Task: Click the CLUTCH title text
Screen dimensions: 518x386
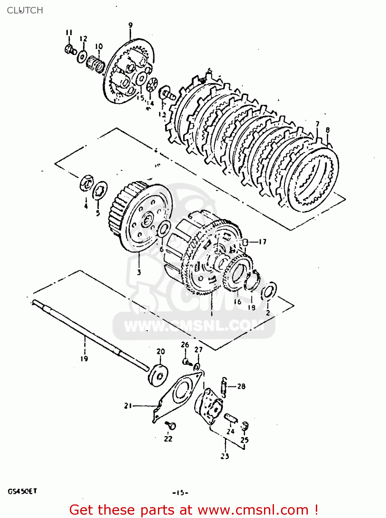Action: [x=25, y=10]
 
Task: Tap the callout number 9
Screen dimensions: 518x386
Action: [x=130, y=25]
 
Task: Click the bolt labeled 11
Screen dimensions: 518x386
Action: [x=70, y=49]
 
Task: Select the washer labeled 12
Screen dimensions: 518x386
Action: [x=82, y=56]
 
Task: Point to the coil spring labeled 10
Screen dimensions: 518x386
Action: [x=95, y=64]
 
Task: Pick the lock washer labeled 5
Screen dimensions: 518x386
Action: [x=100, y=190]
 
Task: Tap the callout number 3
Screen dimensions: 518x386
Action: [x=139, y=272]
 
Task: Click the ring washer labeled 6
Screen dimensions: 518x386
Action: [x=163, y=230]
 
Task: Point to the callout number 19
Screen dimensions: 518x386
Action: [x=84, y=359]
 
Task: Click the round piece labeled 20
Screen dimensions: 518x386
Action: [x=158, y=374]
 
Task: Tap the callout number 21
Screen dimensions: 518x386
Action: [x=128, y=406]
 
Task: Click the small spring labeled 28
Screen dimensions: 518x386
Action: [x=224, y=386]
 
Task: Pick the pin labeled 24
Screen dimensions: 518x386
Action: [x=230, y=418]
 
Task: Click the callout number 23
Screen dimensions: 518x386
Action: [x=225, y=457]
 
